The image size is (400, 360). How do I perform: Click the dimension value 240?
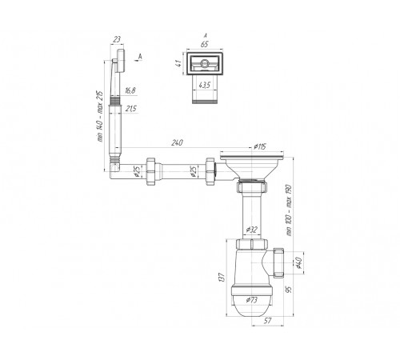click(x=177, y=142)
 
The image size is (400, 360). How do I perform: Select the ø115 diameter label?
click(x=260, y=146)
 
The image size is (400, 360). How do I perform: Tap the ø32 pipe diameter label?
click(x=251, y=230)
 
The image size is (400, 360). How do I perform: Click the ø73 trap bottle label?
click(x=251, y=300)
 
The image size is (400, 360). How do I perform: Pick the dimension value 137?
click(x=222, y=278)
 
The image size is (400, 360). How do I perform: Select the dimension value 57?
click(x=267, y=321)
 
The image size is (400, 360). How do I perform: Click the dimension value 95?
click(x=289, y=290)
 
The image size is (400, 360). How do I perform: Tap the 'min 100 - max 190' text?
click(x=289, y=210)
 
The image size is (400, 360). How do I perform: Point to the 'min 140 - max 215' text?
click(x=99, y=117)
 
